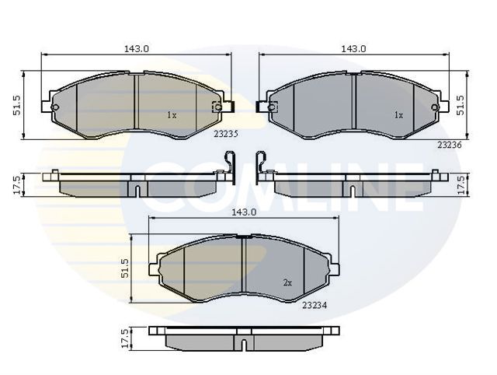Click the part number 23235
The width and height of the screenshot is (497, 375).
(226, 134)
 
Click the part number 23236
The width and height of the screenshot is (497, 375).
(450, 145)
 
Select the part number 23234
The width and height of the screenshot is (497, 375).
(315, 305)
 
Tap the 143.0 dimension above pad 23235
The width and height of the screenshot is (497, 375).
(137, 49)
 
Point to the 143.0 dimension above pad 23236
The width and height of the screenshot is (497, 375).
(354, 49)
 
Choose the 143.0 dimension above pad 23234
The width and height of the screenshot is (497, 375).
(244, 212)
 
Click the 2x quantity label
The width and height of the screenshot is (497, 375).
(287, 282)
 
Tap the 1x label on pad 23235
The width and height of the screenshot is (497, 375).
(172, 115)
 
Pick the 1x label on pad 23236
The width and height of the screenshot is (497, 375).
(398, 115)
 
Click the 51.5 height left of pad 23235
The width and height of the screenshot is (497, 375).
(17, 105)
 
